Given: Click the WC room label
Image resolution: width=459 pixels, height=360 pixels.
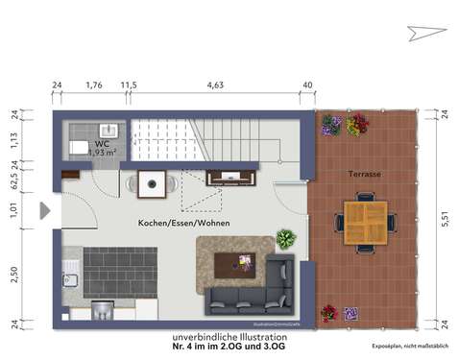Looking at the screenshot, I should [101, 142].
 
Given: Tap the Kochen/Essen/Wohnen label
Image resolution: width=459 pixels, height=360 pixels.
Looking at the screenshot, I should [184, 223].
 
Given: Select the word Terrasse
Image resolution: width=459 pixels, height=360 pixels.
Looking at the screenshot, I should [366, 174].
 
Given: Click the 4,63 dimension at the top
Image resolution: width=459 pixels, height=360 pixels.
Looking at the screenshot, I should [215, 85].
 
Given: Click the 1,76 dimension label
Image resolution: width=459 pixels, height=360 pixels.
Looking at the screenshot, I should [94, 85].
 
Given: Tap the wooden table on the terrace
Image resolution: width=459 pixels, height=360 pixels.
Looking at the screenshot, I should [365, 223].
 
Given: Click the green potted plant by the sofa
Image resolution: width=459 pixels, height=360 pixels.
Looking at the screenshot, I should [285, 238].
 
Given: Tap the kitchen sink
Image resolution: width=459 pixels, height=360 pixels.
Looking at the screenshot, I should [69, 280].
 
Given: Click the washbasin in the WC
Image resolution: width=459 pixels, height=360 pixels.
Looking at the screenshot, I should [109, 130].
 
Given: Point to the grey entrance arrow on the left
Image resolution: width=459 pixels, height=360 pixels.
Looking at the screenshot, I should [44, 210].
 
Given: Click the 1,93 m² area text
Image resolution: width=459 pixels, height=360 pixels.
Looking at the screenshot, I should [103, 152].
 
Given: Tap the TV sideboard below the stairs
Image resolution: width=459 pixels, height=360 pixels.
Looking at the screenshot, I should [231, 177].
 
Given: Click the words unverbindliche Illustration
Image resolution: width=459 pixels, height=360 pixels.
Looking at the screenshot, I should [229, 338].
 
